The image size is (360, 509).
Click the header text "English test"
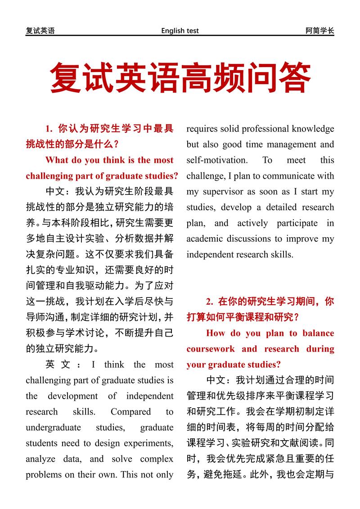(x=180, y=31)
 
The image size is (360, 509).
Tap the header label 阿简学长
(x=319, y=31)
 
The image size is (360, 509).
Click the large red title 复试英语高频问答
(x=180, y=78)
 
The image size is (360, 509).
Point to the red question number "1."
(x=49, y=129)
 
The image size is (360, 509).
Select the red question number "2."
(x=210, y=302)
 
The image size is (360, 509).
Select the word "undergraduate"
(x=53, y=428)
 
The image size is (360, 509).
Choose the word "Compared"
(x=130, y=412)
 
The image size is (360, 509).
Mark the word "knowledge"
(x=313, y=129)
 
